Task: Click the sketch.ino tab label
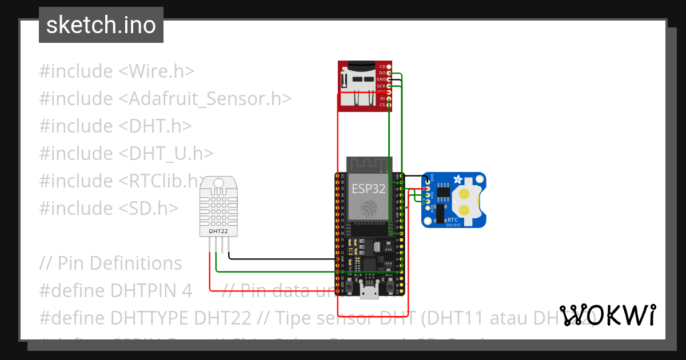click(101, 25)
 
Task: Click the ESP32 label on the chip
click(368, 189)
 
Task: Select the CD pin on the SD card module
click(389, 67)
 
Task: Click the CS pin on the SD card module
click(389, 105)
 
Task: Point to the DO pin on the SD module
click(389, 73)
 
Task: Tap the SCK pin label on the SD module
click(382, 86)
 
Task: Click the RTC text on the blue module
click(453, 219)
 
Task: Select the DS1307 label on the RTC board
click(453, 225)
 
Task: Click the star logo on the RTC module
click(457, 181)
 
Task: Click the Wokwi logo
click(607, 315)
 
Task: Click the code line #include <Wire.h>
click(117, 71)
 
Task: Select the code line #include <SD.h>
click(109, 208)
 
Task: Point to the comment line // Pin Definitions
click(110, 263)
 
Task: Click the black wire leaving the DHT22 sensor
click(274, 259)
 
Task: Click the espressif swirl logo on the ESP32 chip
click(369, 206)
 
